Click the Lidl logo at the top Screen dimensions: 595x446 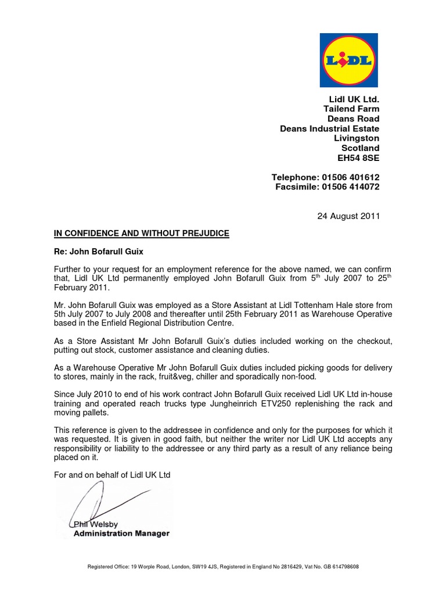(348, 60)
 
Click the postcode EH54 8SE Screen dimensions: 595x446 (357, 157)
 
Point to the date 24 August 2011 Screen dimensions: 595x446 (348, 216)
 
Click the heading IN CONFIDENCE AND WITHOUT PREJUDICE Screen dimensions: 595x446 (142, 234)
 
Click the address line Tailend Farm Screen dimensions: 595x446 (351, 109)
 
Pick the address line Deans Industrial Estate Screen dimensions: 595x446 (329, 128)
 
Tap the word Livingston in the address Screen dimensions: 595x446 (357, 138)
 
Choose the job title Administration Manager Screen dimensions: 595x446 (121, 533)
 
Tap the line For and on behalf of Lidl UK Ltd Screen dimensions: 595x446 (112, 475)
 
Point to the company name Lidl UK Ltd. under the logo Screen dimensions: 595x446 (354, 99)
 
